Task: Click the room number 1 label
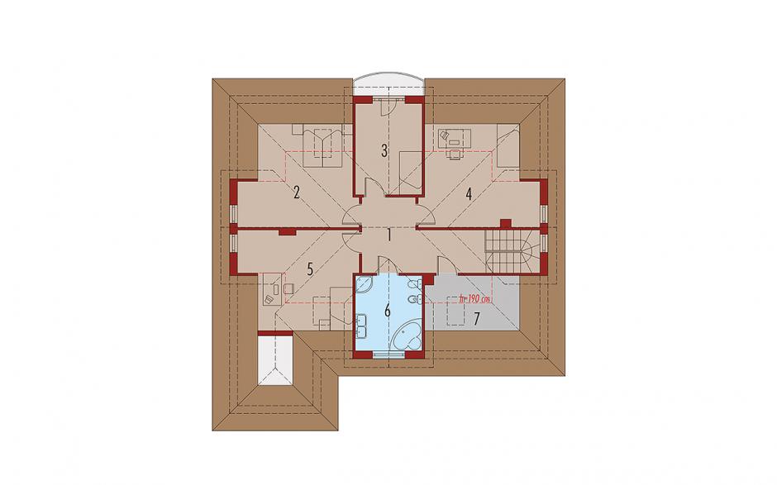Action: point(389,235)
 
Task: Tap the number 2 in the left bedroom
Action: point(296,192)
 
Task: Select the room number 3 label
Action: point(384,150)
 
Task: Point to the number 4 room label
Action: point(469,193)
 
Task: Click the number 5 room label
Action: point(310,269)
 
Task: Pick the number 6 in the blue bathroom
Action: point(388,311)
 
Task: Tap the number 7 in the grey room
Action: point(476,319)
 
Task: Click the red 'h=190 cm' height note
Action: point(474,299)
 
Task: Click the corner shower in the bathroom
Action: point(365,285)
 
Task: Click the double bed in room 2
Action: point(322,145)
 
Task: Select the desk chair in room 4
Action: point(454,154)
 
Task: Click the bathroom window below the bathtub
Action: point(389,354)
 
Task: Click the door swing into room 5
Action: point(350,241)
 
